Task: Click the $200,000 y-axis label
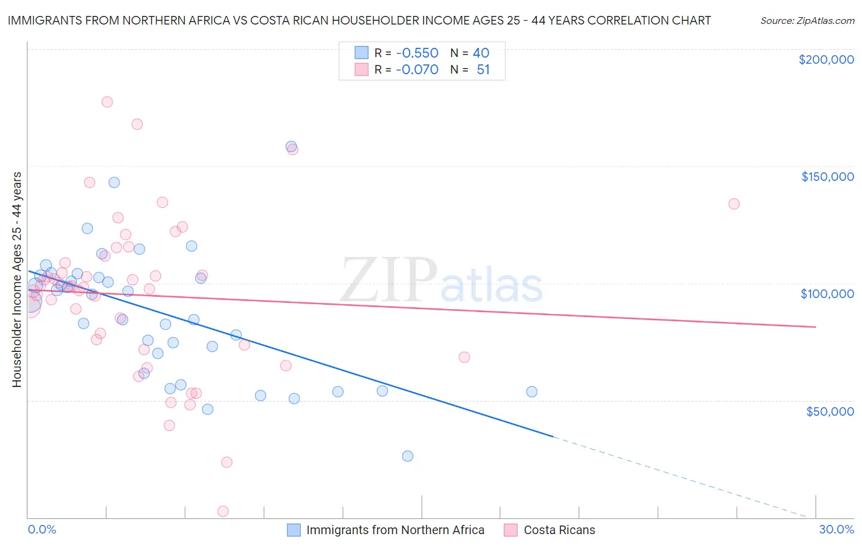[x=826, y=59]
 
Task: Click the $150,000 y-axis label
[x=827, y=177]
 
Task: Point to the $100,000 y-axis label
[x=827, y=294]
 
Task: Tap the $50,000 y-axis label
[x=830, y=411]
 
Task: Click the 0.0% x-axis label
[x=42, y=529]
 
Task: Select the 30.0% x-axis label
[x=836, y=529]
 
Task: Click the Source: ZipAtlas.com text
[x=807, y=21]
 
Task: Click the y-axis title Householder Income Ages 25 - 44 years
[x=17, y=280]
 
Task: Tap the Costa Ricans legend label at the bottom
[x=559, y=530]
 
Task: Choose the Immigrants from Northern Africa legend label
[x=395, y=530]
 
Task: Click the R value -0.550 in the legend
[x=417, y=53]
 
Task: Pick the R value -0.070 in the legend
[x=417, y=69]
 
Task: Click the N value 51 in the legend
[x=483, y=69]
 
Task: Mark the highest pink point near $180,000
[x=107, y=102]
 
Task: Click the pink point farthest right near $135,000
[x=734, y=204]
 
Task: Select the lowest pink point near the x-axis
[x=223, y=511]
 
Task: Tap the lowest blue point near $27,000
[x=408, y=456]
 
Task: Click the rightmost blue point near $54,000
[x=532, y=392]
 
